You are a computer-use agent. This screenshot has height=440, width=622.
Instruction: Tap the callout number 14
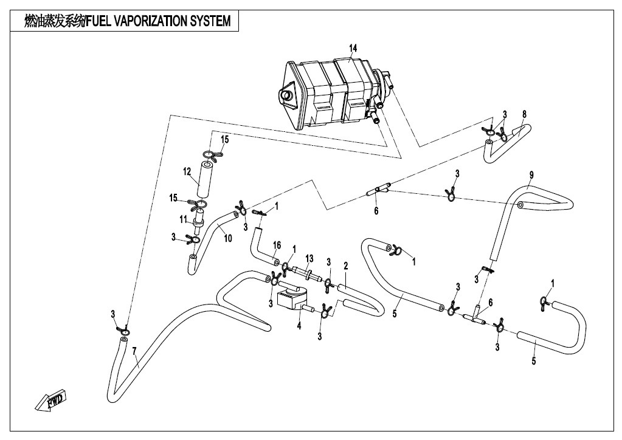(353, 47)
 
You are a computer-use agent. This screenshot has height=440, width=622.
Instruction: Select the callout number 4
(299, 325)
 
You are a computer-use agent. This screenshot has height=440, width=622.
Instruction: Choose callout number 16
(277, 245)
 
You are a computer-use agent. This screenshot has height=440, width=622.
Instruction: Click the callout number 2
(345, 266)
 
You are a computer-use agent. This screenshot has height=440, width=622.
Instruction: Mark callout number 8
(524, 114)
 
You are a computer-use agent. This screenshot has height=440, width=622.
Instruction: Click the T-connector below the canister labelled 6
(378, 191)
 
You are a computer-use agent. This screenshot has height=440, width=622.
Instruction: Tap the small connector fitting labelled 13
(306, 273)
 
